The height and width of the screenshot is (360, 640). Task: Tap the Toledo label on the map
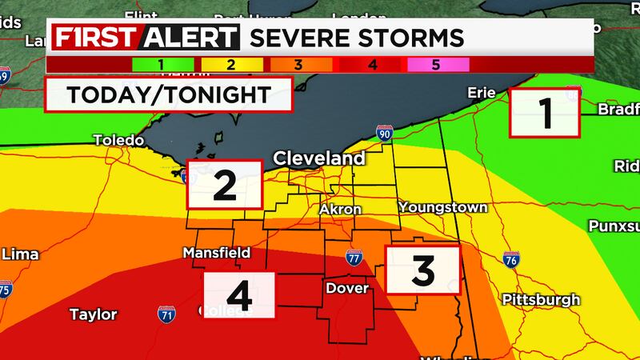pos(118,140)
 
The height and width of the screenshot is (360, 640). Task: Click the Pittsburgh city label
pos(541,300)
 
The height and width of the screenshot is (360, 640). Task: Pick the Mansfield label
pos(216,253)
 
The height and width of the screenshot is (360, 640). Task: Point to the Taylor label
pos(93,314)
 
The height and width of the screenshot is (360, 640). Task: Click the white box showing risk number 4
pos(239,296)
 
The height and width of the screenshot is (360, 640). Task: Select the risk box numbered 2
pos(224,184)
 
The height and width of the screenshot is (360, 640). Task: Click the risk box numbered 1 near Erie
pos(545,114)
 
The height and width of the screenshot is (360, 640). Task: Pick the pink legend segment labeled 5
pos(435,64)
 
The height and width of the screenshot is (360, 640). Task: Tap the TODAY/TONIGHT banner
pos(168,94)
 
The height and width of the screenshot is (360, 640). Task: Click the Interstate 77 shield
pos(354,257)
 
